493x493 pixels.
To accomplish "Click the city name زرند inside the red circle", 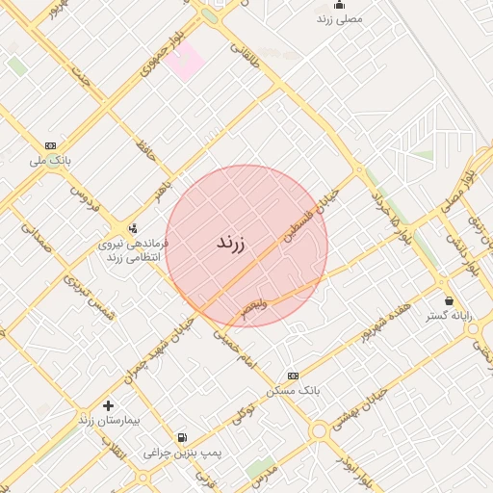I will (230, 243).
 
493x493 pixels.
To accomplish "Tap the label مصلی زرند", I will (339, 18).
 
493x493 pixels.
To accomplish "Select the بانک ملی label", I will (51, 161).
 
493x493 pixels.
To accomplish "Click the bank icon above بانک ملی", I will (50, 145).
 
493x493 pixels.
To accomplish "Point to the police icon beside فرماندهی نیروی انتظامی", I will (133, 229).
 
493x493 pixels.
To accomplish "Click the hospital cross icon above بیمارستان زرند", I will (108, 405).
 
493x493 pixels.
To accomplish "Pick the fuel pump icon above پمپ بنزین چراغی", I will (182, 437).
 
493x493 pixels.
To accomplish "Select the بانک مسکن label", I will (295, 390).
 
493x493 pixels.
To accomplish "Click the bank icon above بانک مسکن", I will (294, 375).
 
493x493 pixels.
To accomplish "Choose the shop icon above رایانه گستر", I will (449, 300).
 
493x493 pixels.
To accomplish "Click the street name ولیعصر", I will (249, 307).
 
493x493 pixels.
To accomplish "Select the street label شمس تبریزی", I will (89, 296).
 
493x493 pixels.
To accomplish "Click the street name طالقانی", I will (244, 46).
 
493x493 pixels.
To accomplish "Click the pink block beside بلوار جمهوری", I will (183, 63).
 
